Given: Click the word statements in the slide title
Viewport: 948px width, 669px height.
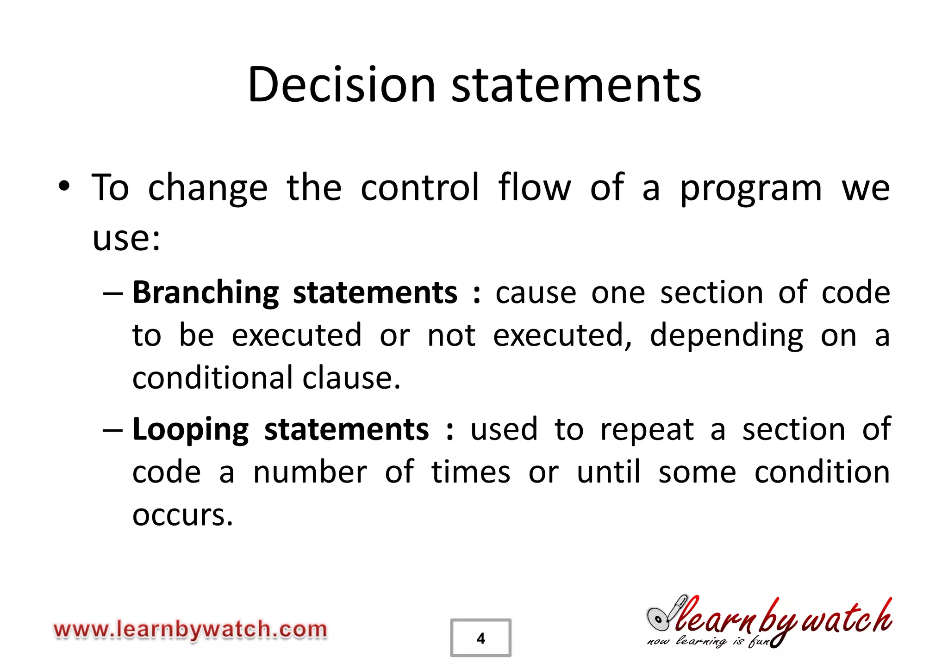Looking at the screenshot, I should tap(576, 86).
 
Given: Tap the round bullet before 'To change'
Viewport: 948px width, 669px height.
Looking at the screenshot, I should tap(64, 186).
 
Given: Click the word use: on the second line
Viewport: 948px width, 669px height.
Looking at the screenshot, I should tap(126, 238).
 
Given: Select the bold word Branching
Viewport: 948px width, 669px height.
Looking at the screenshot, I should tap(206, 293).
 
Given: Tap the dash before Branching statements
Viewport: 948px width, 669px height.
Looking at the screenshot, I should tap(112, 293).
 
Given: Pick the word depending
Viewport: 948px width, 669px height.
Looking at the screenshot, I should tap(726, 336).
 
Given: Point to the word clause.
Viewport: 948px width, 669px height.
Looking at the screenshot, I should tap(351, 378).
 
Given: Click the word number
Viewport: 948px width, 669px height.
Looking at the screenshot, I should tap(310, 472).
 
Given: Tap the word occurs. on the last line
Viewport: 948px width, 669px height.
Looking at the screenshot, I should tap(182, 515).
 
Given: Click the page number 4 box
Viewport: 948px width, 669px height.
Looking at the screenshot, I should tap(480, 638).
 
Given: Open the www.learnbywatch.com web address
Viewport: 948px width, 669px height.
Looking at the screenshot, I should tap(190, 630).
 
